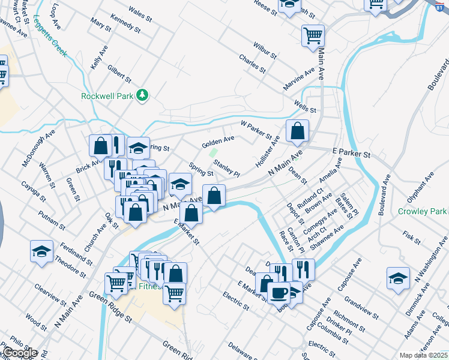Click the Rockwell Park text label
[x=107, y=95]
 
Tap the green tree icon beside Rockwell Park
[x=142, y=95]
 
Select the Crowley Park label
[x=422, y=212]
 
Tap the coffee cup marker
[x=278, y=293]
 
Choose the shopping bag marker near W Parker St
[x=297, y=131]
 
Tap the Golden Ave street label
[x=218, y=142]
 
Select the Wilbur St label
[x=264, y=50]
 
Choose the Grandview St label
[x=362, y=307]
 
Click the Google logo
[x=20, y=353]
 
